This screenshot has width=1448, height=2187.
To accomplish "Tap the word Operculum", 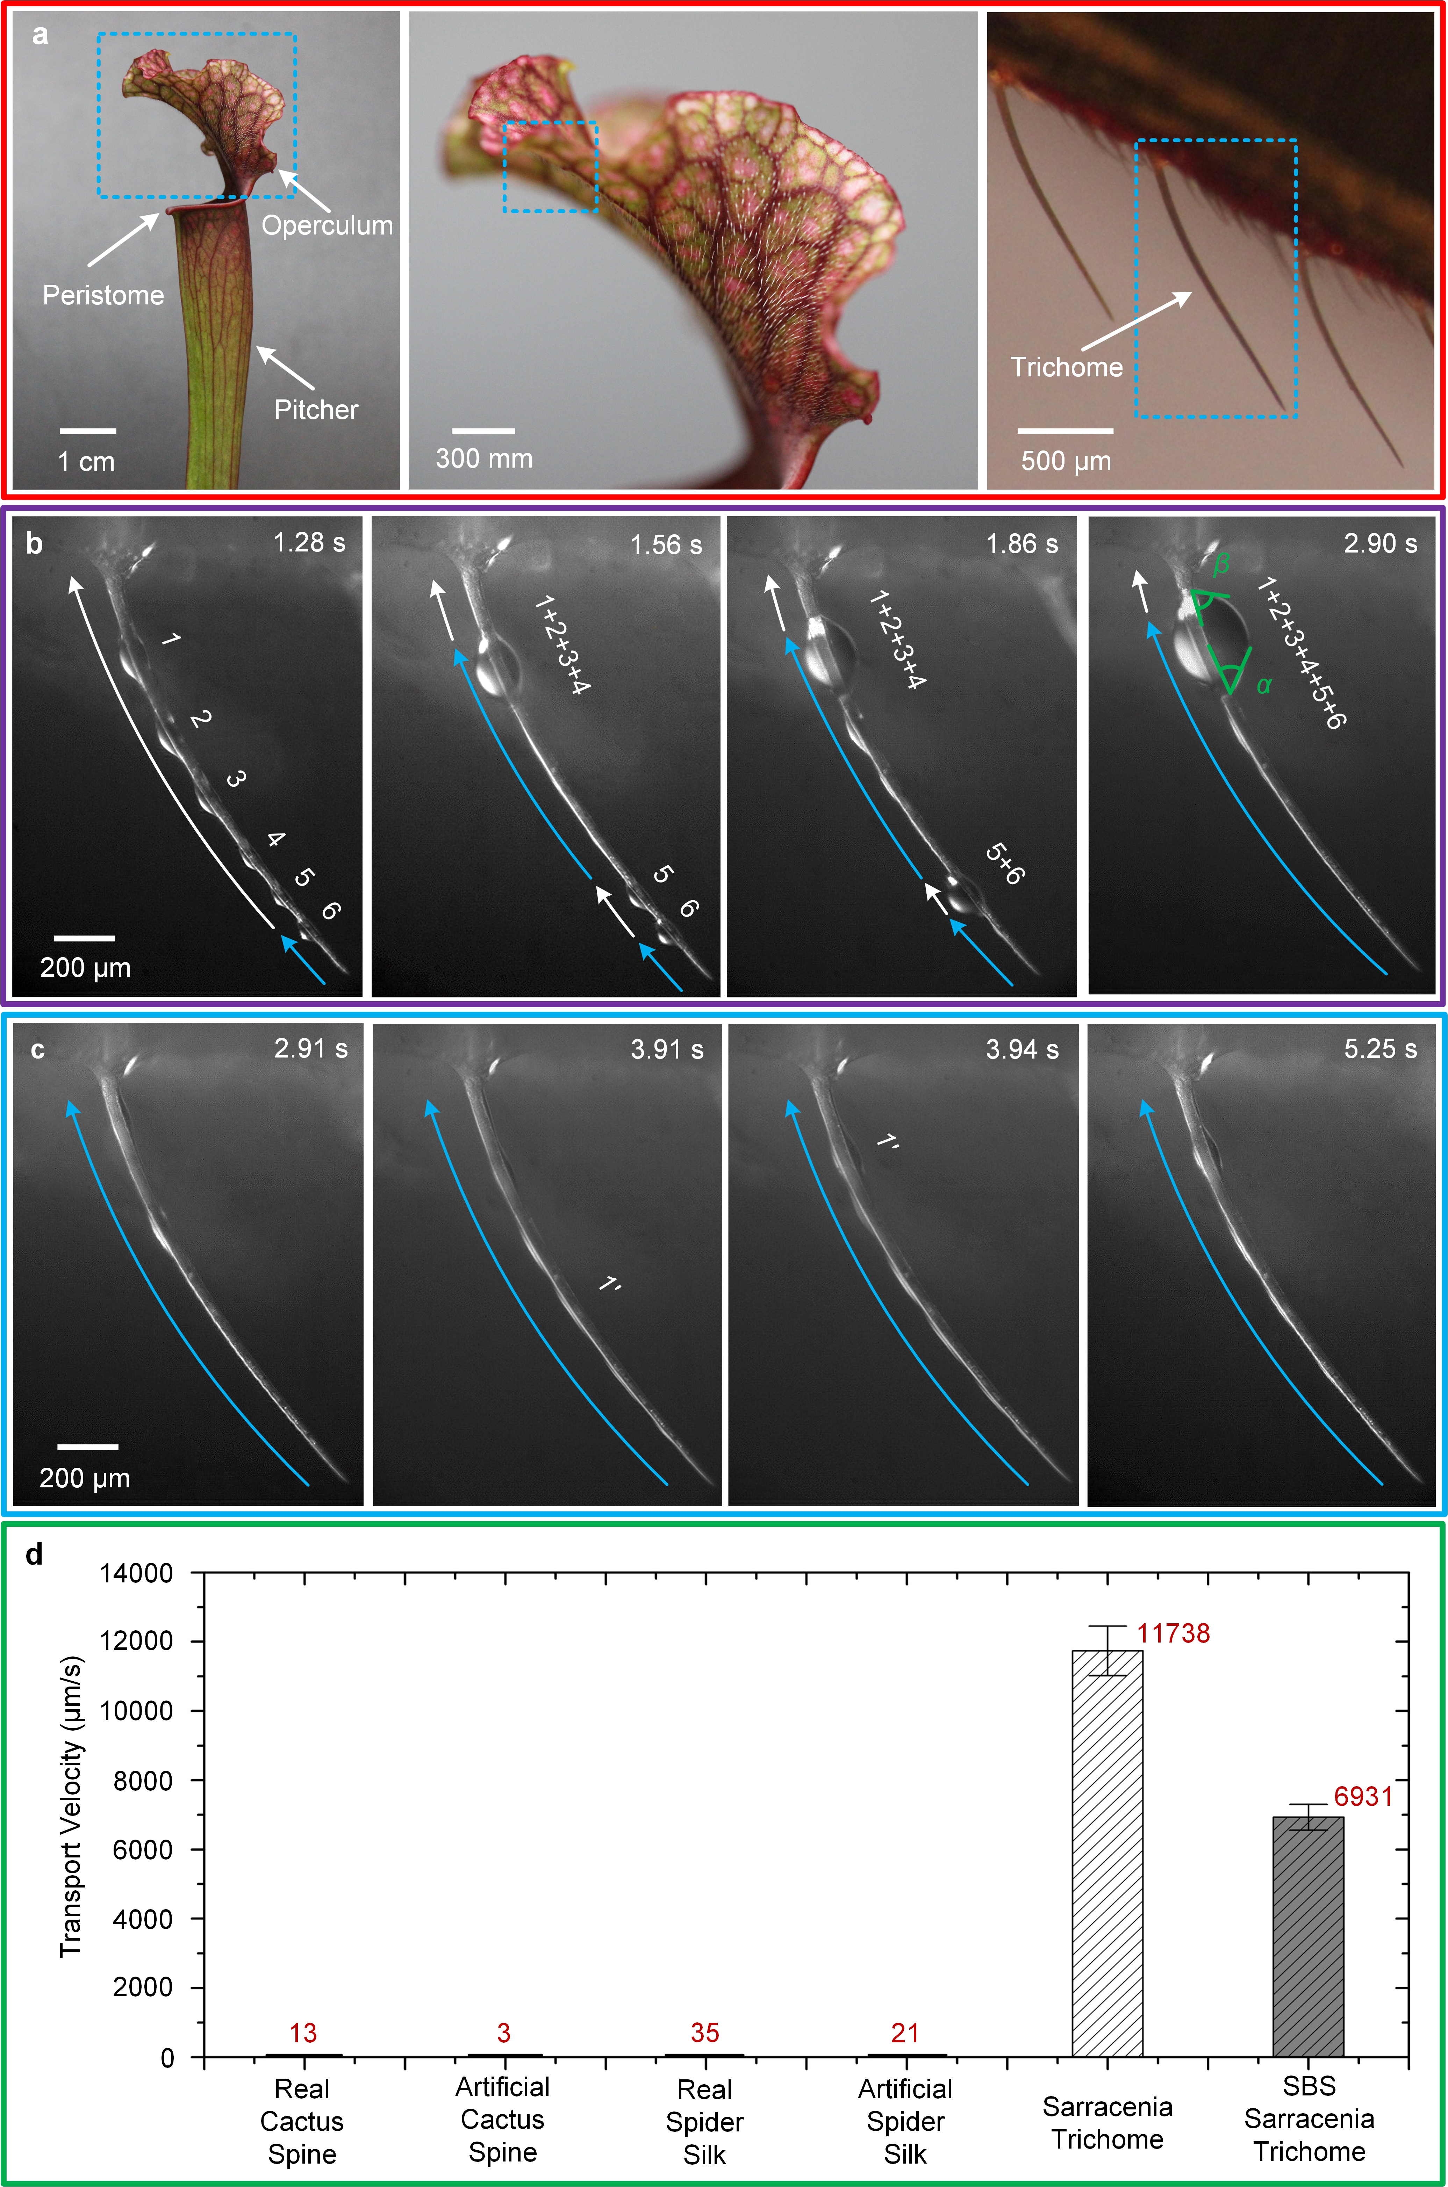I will click(x=327, y=225).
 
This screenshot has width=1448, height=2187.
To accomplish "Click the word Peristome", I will click(x=103, y=295).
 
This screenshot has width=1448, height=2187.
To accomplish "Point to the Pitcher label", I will click(x=316, y=410).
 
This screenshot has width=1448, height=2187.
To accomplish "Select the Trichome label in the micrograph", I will click(x=1067, y=367).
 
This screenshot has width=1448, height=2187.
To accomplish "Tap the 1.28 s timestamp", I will click(x=309, y=543).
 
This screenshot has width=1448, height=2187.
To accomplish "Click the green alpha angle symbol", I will click(x=1264, y=685).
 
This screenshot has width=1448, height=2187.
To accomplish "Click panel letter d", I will click(x=34, y=1556).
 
